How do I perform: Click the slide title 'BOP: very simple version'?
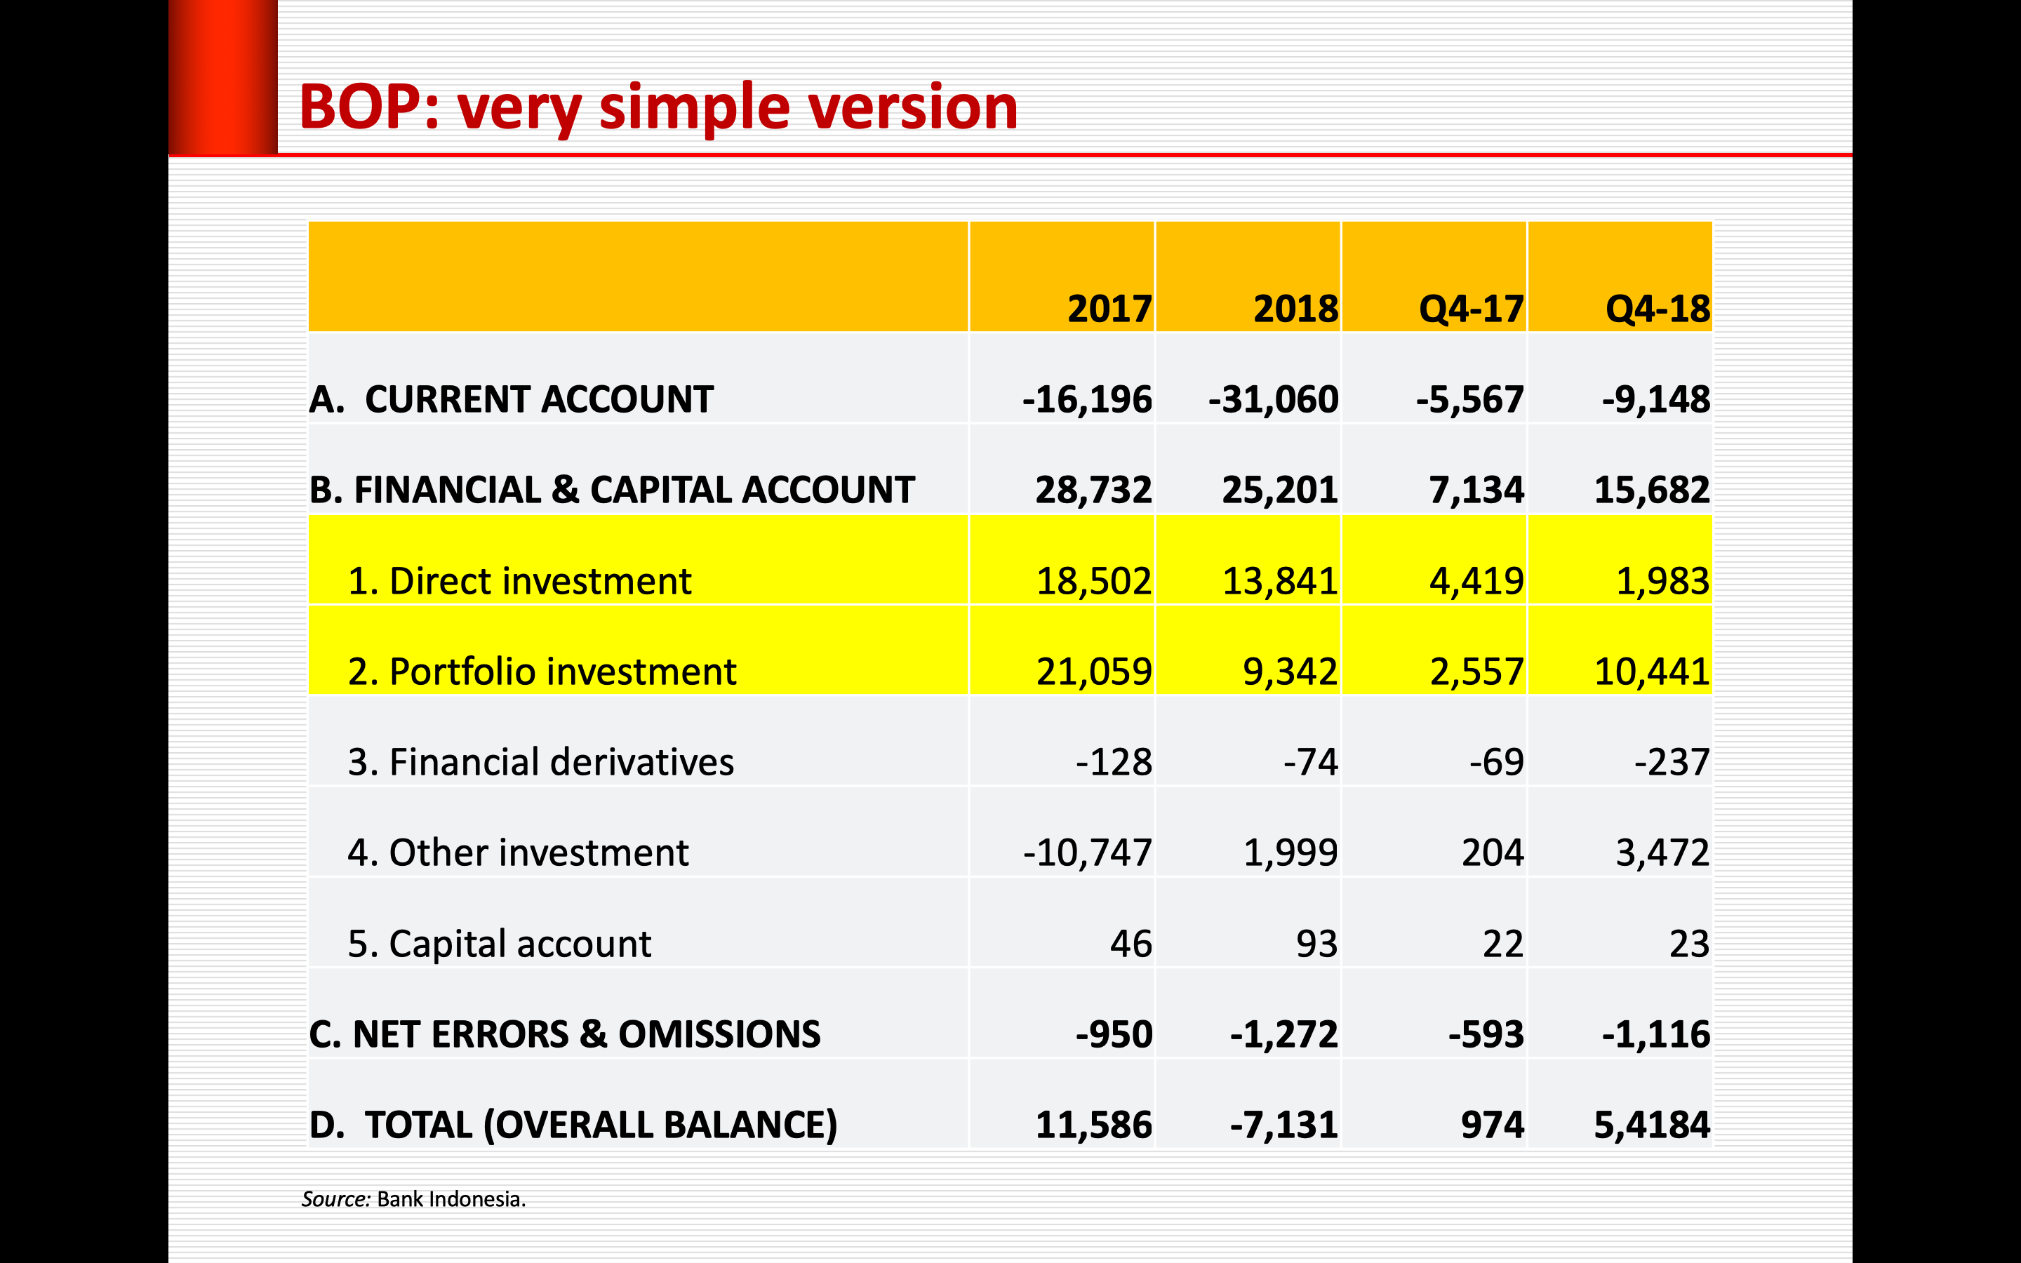pyautogui.click(x=658, y=109)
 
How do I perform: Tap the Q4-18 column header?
pyautogui.click(x=1657, y=309)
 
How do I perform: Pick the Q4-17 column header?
pyautogui.click(x=1471, y=309)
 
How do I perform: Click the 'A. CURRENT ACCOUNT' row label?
pyautogui.click(x=511, y=399)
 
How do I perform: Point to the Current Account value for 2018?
pyautogui.click(x=1273, y=399)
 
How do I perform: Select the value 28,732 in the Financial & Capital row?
pyautogui.click(x=1093, y=490)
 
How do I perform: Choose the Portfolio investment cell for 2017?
pyautogui.click(x=1093, y=671)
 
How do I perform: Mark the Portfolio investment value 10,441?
pyautogui.click(x=1651, y=671)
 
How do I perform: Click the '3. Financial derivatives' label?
pyautogui.click(x=540, y=763)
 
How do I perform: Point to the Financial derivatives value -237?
pyautogui.click(x=1672, y=763)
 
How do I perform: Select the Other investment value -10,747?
pyautogui.click(x=1087, y=853)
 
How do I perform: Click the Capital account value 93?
pyautogui.click(x=1316, y=944)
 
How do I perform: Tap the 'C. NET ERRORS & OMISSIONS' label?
pyautogui.click(x=564, y=1034)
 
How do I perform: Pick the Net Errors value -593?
pyautogui.click(x=1486, y=1034)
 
